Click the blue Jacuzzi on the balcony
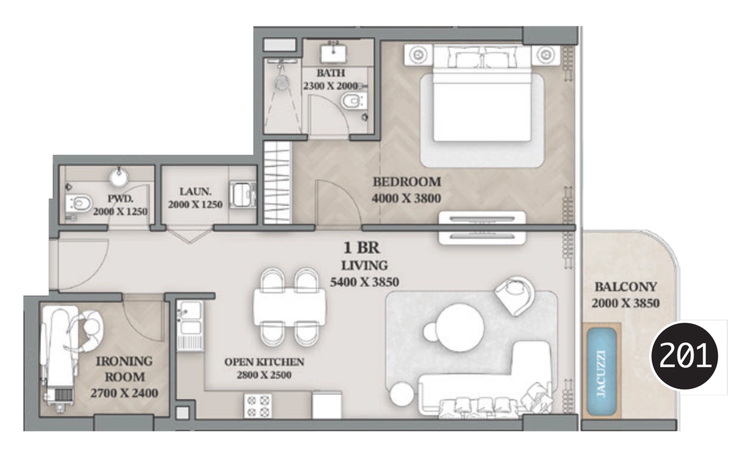601,371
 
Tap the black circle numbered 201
684,356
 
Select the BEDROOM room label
407,182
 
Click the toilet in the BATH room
353,101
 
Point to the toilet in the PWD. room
79,203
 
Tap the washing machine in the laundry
243,194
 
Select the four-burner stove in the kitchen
258,406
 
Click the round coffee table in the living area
460,328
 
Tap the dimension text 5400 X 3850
364,282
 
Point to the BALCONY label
626,286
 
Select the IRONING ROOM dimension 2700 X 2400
124,393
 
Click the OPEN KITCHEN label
264,362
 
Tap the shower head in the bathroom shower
282,82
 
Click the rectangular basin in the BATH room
333,53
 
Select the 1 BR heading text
361,248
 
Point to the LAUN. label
195,191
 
